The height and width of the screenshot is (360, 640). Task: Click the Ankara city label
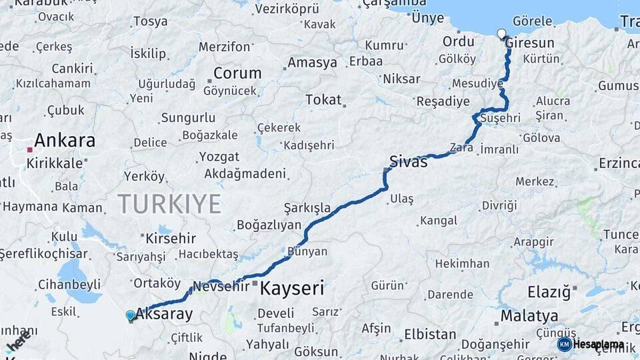pos(65,141)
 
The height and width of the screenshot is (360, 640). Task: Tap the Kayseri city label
pos(292,289)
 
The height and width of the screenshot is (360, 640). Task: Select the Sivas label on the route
pos(409,161)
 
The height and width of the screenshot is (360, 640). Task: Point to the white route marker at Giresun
pos(501,33)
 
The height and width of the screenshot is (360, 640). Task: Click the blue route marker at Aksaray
pos(130,315)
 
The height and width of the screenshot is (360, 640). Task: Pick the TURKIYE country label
pos(169,204)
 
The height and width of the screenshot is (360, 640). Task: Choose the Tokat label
pos(323,100)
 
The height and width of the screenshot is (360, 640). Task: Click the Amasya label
pos(313,63)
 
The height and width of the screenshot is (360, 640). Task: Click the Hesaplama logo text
pos(599,345)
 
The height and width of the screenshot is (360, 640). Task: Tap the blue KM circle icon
pos(565,345)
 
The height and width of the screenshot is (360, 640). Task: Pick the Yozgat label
pos(219,157)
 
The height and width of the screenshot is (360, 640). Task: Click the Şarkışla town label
pos(307,207)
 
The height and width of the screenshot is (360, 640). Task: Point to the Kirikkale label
pos(55,163)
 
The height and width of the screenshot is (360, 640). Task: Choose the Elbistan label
pos(430,334)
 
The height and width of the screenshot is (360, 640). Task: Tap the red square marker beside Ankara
pos(29,150)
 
